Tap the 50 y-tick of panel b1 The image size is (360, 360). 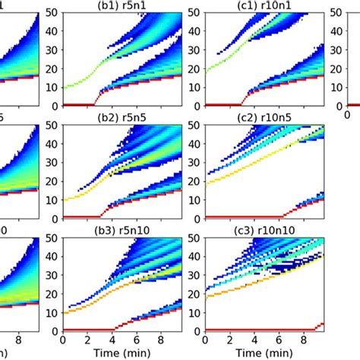pyautogui.click(x=54, y=12)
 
